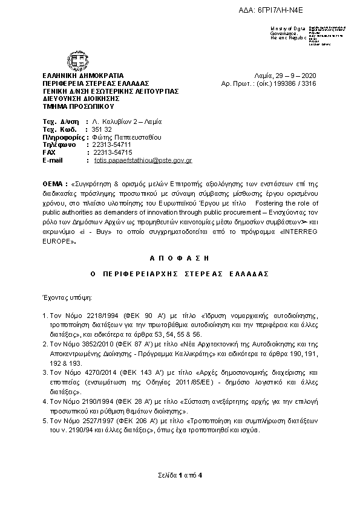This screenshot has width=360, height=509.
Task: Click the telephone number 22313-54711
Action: tap(111, 145)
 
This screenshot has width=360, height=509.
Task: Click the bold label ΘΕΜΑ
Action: tap(54, 183)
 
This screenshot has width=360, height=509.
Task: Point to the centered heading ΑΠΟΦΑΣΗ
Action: tap(179, 258)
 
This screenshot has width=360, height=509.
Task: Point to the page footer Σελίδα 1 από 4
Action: tap(180, 475)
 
